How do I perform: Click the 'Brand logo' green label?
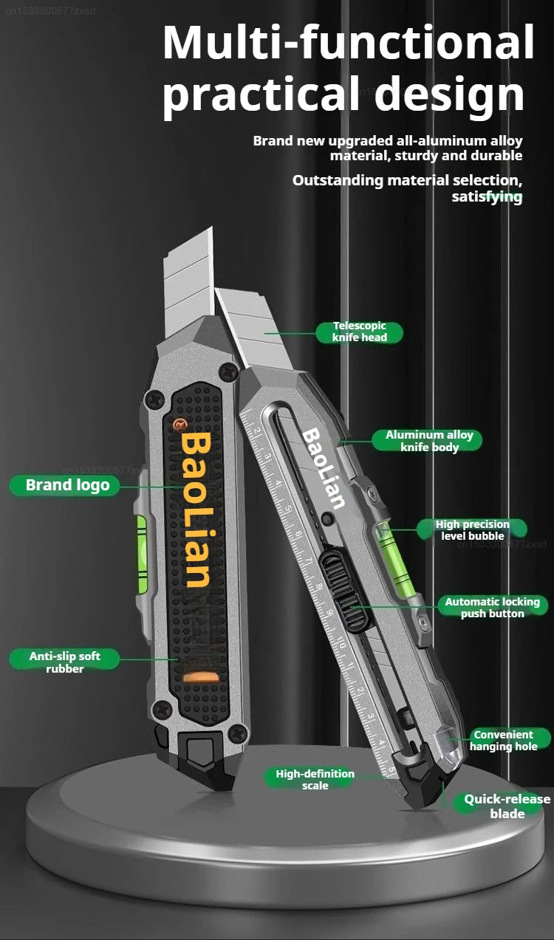tap(66, 485)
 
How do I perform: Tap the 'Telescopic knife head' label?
tap(360, 332)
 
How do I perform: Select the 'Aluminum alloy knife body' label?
tap(429, 441)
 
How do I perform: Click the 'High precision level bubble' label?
tap(472, 529)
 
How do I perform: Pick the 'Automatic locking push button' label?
tap(492, 608)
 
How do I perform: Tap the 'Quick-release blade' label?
tap(507, 806)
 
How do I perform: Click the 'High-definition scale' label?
tap(315, 779)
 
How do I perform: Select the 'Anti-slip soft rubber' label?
tap(65, 662)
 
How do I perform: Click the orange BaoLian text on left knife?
tap(196, 510)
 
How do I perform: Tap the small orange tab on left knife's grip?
tap(200, 676)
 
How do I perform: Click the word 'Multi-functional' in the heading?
tap(348, 42)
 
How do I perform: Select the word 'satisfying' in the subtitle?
tap(487, 196)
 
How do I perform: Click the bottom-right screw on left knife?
tap(237, 733)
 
